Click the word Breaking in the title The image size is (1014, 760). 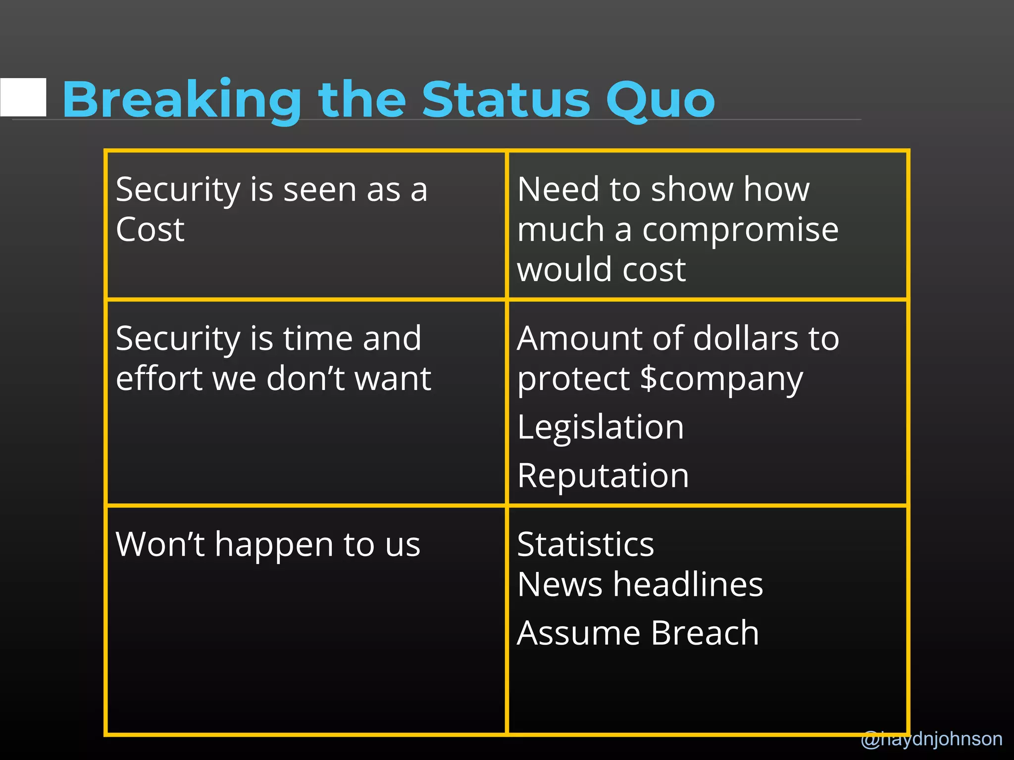181,100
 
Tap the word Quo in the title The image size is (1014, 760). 660,100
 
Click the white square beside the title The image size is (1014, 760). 23,97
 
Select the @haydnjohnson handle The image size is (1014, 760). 931,739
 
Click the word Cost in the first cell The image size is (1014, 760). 150,230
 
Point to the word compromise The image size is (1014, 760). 740,230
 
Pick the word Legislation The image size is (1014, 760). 601,427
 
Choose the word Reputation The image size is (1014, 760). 603,475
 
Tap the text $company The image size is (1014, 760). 721,379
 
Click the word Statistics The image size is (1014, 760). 585,544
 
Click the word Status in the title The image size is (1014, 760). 506,100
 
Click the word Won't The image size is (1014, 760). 160,544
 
